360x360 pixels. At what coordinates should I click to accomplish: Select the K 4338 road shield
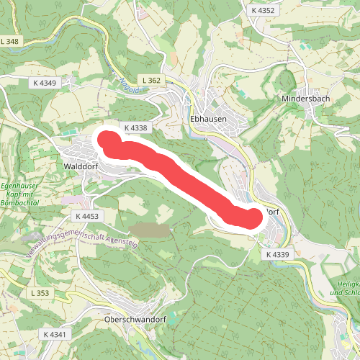[x=135, y=127]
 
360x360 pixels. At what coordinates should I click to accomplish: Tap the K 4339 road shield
[x=276, y=255]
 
